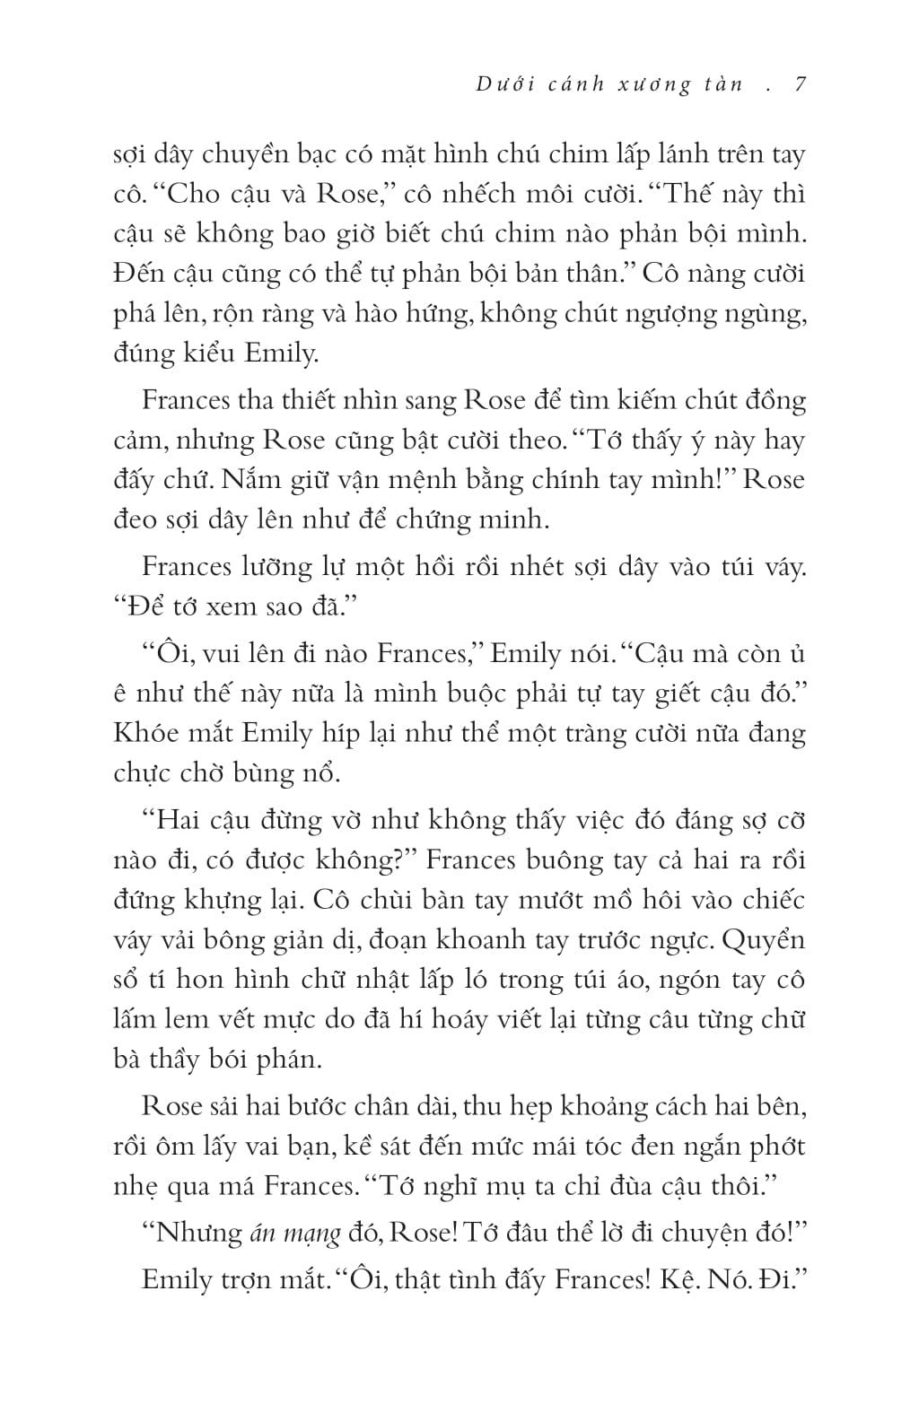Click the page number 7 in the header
(799, 84)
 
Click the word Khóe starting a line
(147, 732)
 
